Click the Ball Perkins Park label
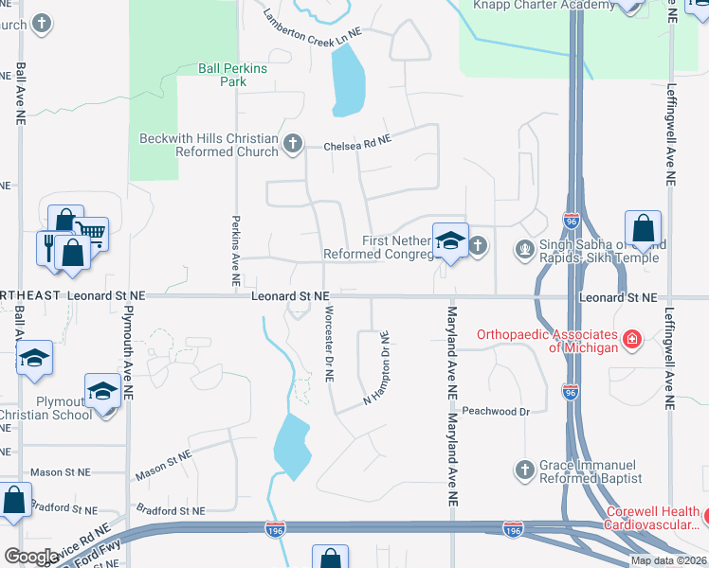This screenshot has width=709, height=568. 232,75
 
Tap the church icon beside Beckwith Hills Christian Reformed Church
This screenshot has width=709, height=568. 293,144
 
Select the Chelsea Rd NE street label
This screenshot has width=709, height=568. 357,145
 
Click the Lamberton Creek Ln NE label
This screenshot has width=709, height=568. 313,25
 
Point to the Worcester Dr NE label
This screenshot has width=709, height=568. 329,343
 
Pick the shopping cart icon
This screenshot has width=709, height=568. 90,231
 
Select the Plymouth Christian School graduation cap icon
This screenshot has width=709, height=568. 100,389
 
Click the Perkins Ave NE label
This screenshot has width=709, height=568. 236,250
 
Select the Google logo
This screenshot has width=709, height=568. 32,557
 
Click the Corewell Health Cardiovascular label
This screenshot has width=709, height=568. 654,518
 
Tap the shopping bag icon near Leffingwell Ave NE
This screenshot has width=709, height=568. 643,227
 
